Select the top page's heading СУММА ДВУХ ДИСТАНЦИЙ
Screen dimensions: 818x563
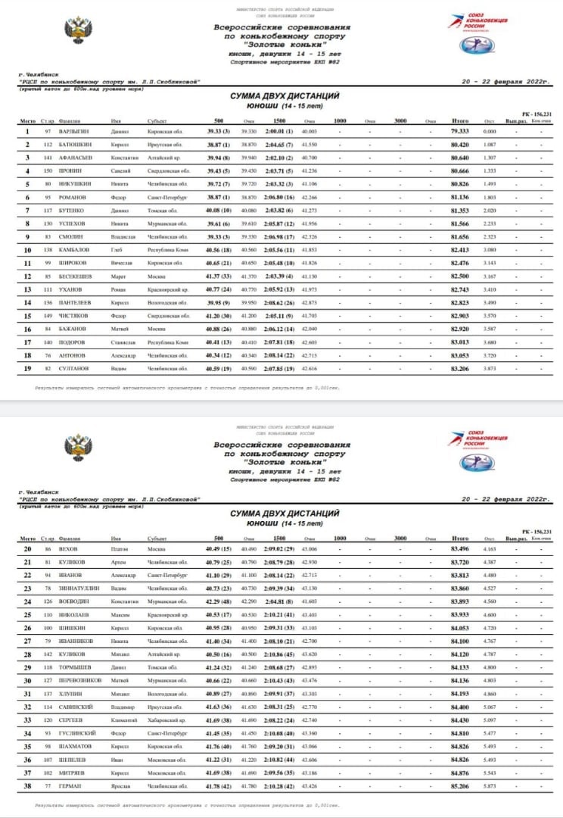pos(284,96)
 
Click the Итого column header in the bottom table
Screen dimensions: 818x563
pos(459,539)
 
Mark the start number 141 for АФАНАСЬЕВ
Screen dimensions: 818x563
pos(47,158)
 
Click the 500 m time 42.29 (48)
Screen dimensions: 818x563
pos(218,601)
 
